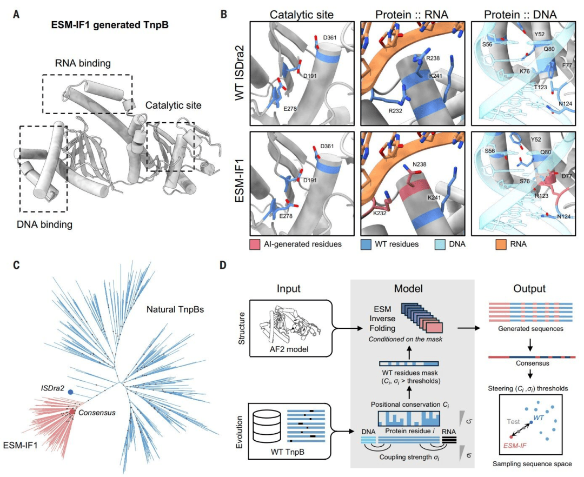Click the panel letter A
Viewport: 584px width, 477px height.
point(16,15)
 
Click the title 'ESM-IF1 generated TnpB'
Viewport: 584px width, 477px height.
point(110,25)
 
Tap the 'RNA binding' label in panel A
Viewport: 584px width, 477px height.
point(83,63)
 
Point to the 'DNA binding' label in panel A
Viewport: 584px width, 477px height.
point(45,224)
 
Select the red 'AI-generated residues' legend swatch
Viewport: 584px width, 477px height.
point(255,244)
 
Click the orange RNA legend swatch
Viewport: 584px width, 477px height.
point(501,244)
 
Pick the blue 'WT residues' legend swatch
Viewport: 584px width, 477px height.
point(366,244)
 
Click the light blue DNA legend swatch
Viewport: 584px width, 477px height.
point(440,244)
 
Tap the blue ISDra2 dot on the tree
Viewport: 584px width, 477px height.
point(70,392)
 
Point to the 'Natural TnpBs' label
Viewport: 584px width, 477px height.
point(175,309)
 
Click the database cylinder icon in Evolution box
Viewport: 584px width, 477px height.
point(266,426)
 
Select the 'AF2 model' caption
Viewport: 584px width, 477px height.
point(289,349)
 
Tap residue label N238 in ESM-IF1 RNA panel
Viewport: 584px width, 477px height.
point(420,164)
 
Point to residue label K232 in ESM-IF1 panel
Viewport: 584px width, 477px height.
point(380,214)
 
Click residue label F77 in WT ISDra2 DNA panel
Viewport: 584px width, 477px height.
point(567,65)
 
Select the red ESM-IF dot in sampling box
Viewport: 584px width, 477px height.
point(511,436)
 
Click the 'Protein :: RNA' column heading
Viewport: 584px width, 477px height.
point(412,15)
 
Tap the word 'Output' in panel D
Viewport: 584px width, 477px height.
point(529,289)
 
